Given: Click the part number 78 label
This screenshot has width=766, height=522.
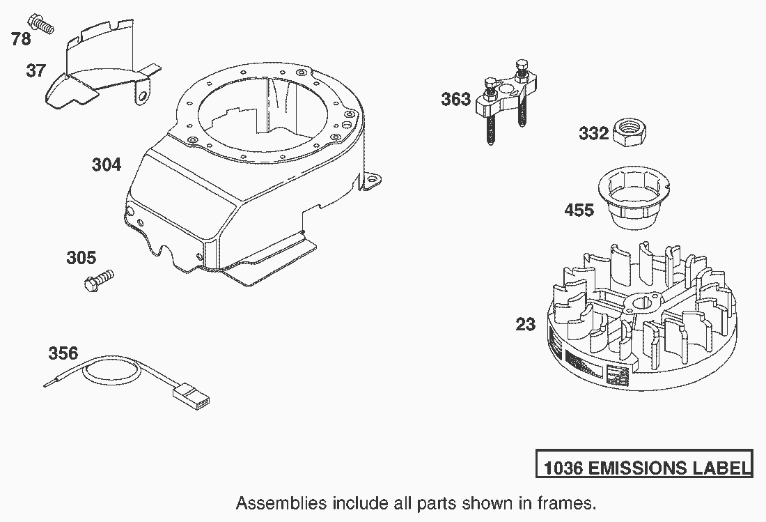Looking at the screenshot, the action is (x=21, y=38).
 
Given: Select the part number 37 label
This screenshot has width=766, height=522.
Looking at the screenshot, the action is (x=36, y=70).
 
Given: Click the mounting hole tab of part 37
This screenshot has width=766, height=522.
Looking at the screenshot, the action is (x=142, y=94).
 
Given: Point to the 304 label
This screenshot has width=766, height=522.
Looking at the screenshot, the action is (x=107, y=164).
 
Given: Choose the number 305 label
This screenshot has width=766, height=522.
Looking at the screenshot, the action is (x=81, y=258).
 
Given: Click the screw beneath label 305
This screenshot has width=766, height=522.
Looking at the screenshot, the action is (x=99, y=281).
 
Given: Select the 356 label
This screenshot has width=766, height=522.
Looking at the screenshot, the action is (x=63, y=353).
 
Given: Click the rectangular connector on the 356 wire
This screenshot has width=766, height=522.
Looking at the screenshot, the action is (x=191, y=396).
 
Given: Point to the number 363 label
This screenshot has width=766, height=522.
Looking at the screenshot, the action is (x=456, y=99).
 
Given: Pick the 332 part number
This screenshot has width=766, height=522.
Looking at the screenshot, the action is (x=593, y=133).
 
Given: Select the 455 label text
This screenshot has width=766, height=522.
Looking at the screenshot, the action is (x=579, y=210).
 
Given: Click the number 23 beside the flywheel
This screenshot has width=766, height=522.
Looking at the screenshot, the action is (x=526, y=324).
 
